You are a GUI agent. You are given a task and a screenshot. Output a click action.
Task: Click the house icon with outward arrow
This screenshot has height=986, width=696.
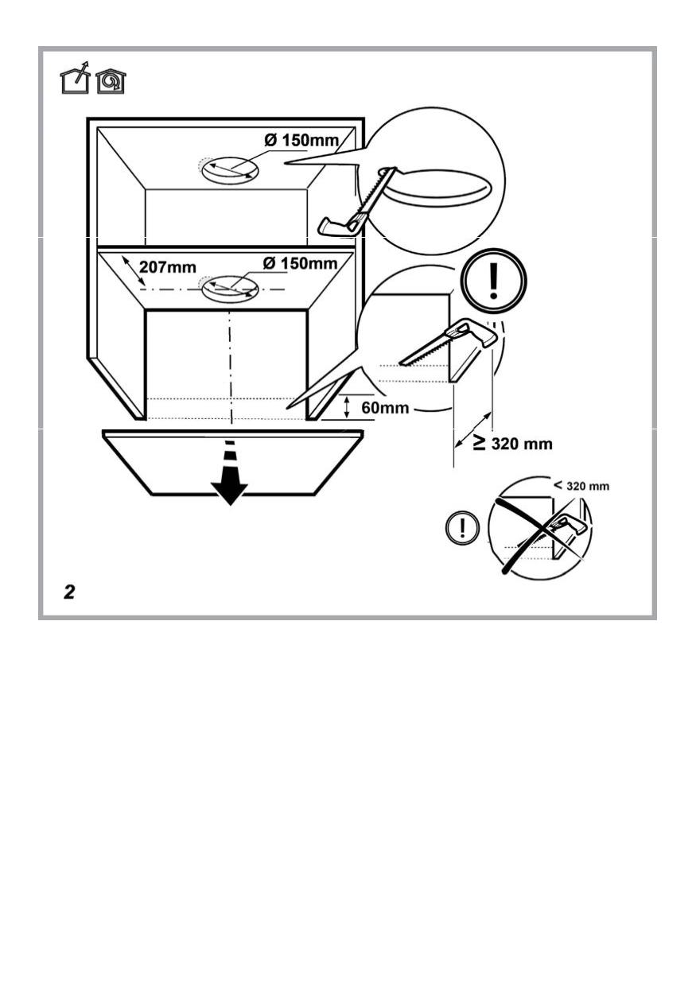[x=75, y=79]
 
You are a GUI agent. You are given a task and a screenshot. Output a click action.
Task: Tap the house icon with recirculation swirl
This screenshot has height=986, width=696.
[x=111, y=81]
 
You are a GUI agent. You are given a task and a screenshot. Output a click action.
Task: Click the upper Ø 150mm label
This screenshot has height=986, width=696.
[x=301, y=141]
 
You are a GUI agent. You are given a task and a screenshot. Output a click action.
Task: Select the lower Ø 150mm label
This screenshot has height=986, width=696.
[x=300, y=264]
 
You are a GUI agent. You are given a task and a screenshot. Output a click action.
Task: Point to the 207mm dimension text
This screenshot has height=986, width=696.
[x=168, y=267]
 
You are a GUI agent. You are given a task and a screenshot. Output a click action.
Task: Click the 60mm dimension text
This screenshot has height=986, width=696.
[x=385, y=408]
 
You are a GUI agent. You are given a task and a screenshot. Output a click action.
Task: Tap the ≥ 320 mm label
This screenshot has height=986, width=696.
[x=513, y=443]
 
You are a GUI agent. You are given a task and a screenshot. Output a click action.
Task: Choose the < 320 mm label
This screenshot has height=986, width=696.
[x=581, y=486]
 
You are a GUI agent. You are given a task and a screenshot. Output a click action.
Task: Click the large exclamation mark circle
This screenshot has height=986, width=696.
[x=493, y=281]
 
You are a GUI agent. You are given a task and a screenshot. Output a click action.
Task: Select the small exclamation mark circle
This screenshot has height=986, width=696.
[x=462, y=527]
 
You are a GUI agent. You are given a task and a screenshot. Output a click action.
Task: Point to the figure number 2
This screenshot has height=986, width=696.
[x=69, y=592]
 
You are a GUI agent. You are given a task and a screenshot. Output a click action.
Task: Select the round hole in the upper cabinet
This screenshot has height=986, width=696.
[x=230, y=169]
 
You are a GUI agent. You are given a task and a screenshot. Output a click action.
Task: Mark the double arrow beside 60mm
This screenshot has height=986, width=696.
[x=347, y=407]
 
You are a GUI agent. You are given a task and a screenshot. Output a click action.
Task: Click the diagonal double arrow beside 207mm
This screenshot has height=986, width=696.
[x=134, y=270]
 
